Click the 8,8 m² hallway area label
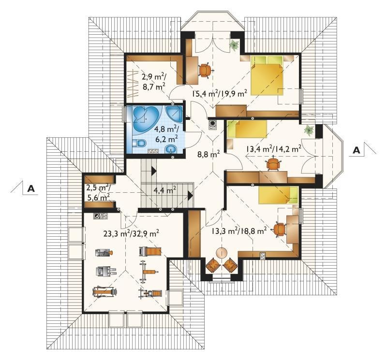tap(208, 154)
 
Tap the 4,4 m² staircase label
tap(164, 190)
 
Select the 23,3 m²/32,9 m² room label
tap(131, 233)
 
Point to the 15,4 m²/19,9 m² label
tap(220, 94)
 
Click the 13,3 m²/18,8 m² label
tap(239, 230)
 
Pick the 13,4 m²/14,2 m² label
tap(273, 149)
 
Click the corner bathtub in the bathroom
tap(146, 117)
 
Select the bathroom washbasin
tap(171, 149)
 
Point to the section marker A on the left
tap(31, 188)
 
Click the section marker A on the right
tap(357, 150)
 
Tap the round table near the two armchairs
tap(222, 253)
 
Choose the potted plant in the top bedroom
tap(234, 45)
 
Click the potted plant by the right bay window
tap(309, 130)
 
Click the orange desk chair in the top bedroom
tap(205, 70)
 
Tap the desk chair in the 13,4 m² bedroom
tap(273, 163)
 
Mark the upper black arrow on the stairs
tap(153, 171)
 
